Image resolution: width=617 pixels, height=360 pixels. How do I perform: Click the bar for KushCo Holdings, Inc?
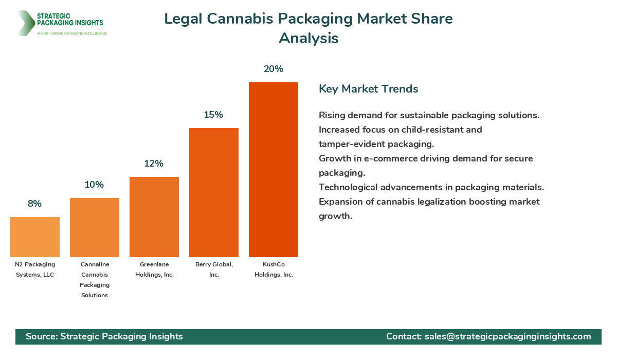pyautogui.click(x=274, y=170)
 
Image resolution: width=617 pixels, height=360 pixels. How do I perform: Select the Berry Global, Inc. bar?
pyautogui.click(x=214, y=192)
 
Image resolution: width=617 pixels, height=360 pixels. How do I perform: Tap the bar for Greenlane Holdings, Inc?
pyautogui.click(x=154, y=217)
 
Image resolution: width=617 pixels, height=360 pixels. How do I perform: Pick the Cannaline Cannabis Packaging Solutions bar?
pyautogui.click(x=95, y=227)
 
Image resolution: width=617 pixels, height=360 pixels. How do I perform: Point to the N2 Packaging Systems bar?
pyautogui.click(x=35, y=237)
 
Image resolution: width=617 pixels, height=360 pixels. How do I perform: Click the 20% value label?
pyautogui.click(x=274, y=69)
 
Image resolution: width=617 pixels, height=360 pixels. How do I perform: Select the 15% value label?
pyautogui.click(x=214, y=115)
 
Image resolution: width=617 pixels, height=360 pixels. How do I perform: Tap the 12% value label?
pyautogui.click(x=154, y=164)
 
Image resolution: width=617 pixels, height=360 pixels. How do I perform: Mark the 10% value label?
pyautogui.click(x=95, y=185)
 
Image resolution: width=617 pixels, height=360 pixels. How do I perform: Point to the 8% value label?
pyautogui.click(x=35, y=204)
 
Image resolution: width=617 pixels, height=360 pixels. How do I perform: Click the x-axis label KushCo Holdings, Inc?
pyautogui.click(x=274, y=269)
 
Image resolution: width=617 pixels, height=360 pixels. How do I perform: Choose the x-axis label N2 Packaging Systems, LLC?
pyautogui.click(x=35, y=269)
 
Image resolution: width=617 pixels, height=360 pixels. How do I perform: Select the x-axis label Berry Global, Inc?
pyautogui.click(x=214, y=269)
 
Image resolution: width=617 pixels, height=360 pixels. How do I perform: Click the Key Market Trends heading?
pyautogui.click(x=368, y=89)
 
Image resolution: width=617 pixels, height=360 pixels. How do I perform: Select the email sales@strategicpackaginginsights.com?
pyautogui.click(x=507, y=336)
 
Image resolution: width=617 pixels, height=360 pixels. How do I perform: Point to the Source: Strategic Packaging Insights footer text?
pyautogui.click(x=104, y=336)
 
